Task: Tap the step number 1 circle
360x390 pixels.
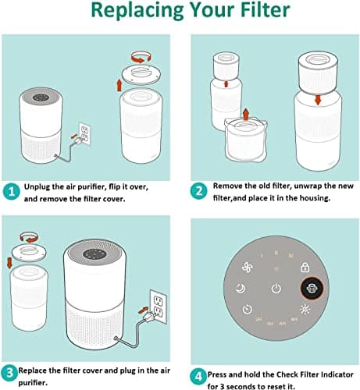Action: click(12, 192)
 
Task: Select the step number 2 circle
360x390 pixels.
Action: click(198, 191)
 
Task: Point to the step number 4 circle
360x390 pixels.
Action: click(198, 377)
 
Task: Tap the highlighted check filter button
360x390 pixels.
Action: click(312, 288)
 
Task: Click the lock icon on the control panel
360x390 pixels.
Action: click(305, 268)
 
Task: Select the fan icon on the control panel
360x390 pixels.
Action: click(248, 268)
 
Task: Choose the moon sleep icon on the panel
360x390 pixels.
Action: click(241, 288)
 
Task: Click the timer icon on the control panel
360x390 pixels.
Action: click(247, 309)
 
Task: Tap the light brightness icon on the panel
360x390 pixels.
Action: click(305, 309)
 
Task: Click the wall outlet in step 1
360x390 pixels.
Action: click(84, 133)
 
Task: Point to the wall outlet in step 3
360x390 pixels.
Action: click(159, 307)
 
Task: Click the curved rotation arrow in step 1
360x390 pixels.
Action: click(141, 57)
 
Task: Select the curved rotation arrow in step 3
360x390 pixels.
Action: click(29, 237)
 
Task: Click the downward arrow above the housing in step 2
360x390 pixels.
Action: click(318, 100)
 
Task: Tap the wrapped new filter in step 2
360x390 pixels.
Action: click(246, 140)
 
